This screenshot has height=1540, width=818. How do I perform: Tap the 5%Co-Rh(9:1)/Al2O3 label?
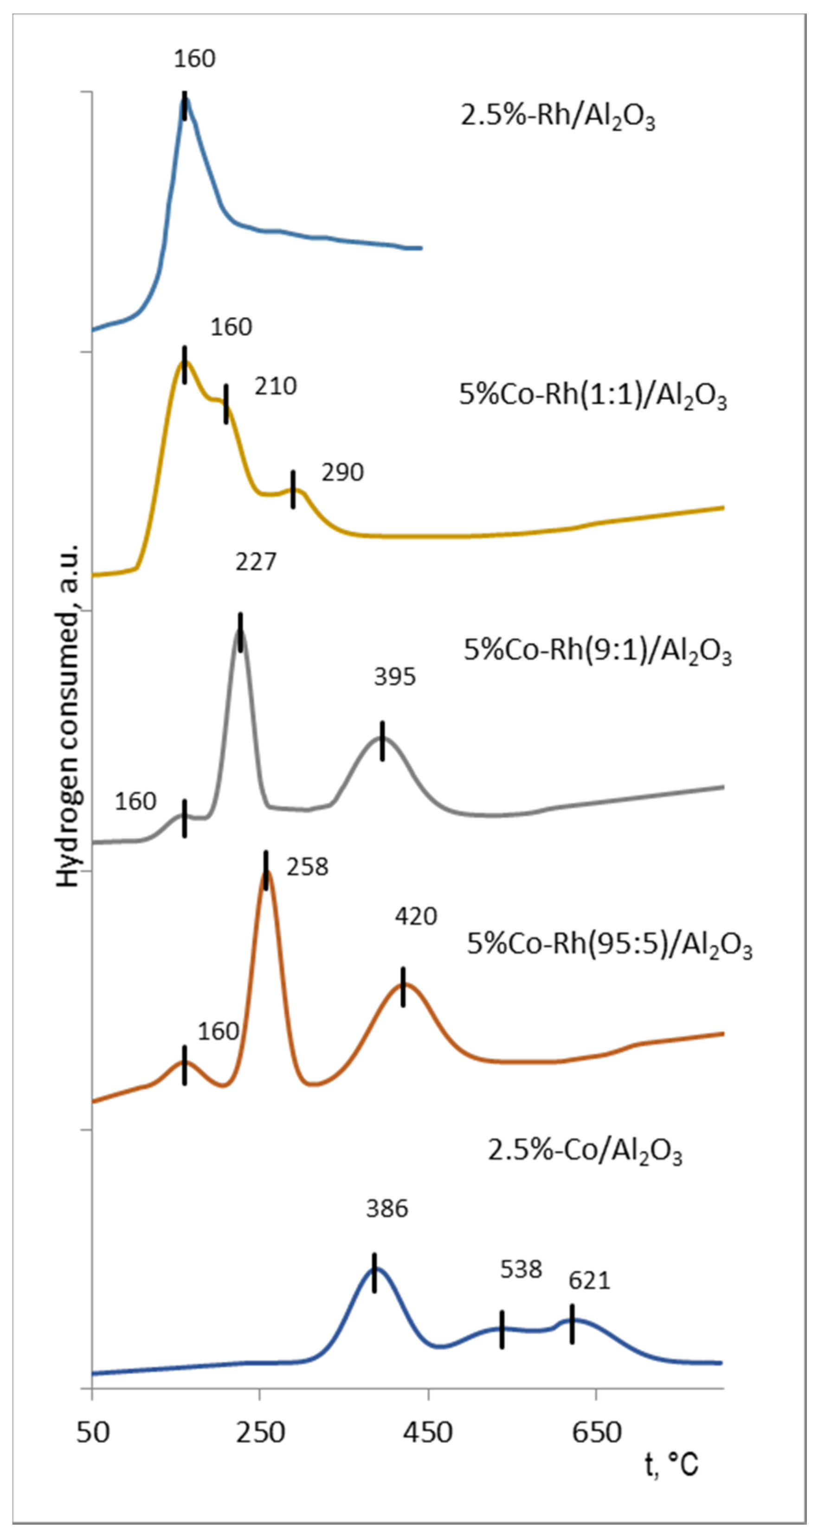point(597,651)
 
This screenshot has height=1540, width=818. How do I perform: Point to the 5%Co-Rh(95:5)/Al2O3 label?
point(609,945)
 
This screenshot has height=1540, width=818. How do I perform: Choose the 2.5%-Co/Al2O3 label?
point(584,1150)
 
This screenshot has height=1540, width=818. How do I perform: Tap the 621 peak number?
point(589,1280)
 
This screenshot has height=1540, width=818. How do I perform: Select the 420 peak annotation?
point(415,916)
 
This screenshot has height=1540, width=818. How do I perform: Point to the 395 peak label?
point(394,677)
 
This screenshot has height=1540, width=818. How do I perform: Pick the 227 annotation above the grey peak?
point(256,562)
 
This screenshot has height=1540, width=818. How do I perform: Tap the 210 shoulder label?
point(276,387)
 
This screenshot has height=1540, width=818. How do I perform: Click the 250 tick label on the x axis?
point(259,1432)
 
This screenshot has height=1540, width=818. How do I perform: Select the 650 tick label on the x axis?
point(596,1432)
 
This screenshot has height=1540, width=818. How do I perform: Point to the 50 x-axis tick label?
point(93,1432)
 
